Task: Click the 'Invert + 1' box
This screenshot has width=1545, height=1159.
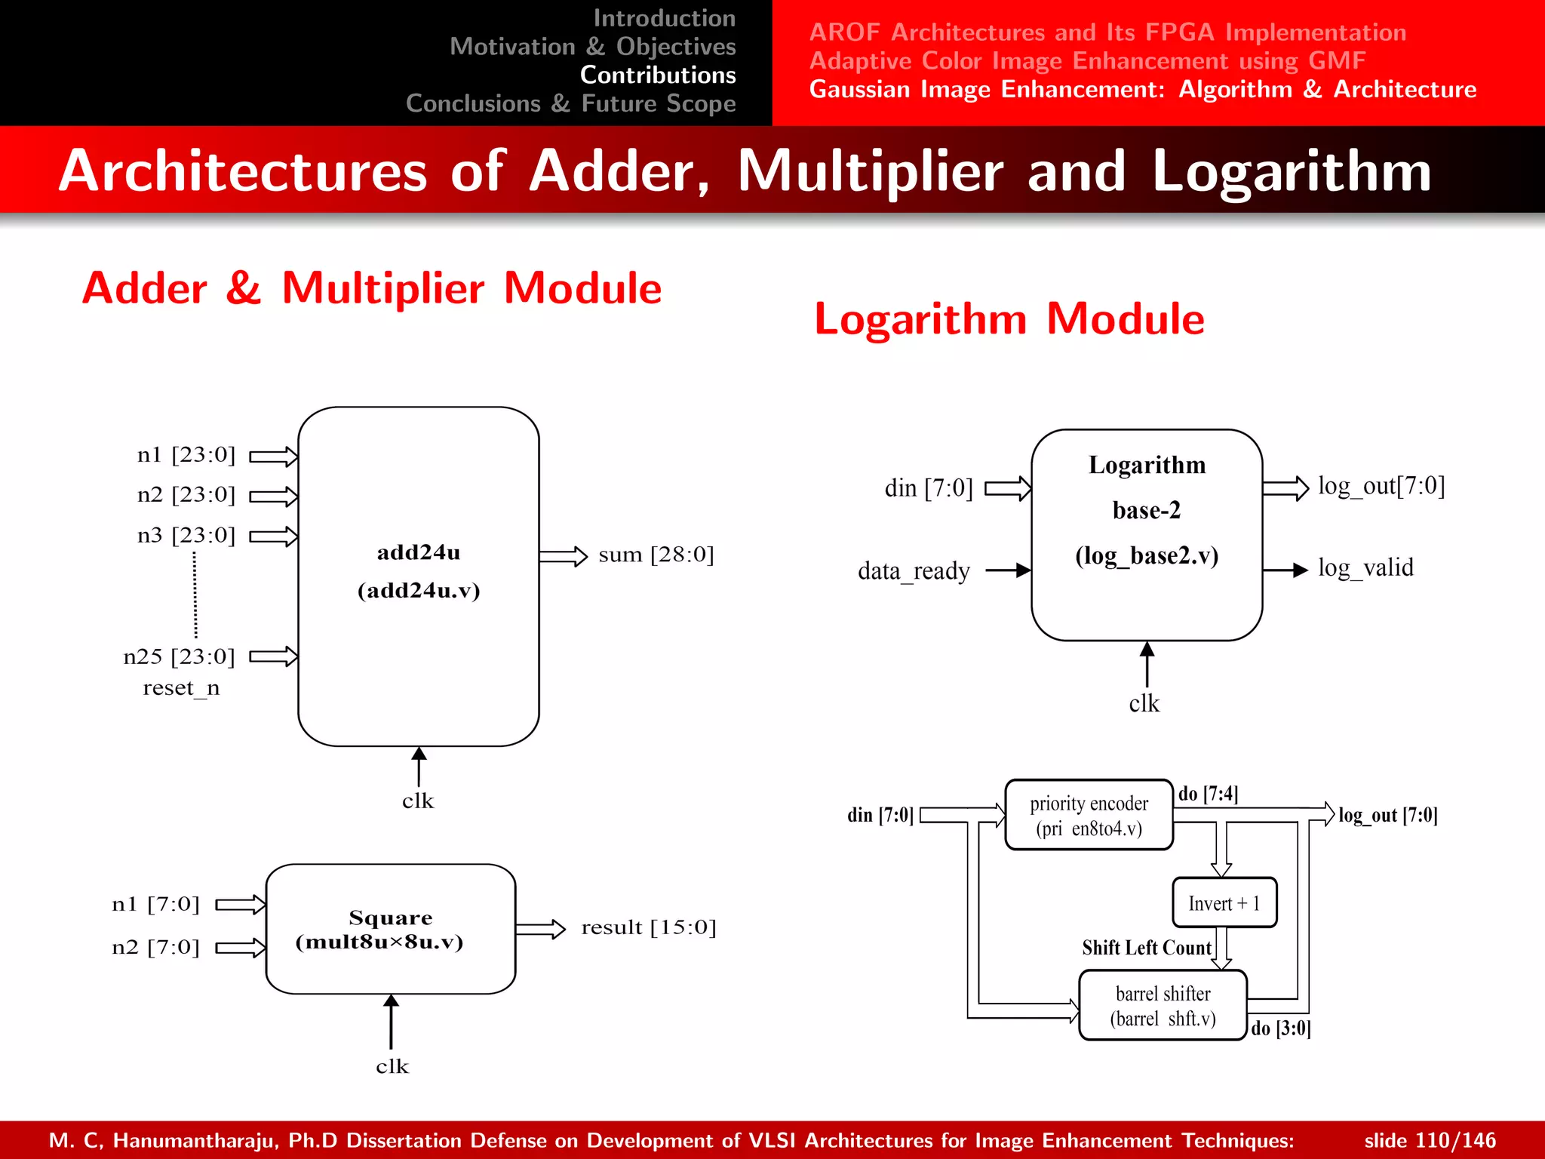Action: [x=1224, y=902]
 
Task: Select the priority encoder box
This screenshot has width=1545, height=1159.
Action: [x=1089, y=815]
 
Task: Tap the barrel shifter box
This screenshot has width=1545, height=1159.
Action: [x=1163, y=1006]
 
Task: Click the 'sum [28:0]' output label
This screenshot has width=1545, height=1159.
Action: [x=656, y=555]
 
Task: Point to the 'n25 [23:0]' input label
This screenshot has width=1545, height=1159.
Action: [x=179, y=656]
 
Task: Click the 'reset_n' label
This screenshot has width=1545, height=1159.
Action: [x=181, y=688]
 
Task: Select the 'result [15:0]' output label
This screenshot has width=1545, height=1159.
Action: [x=648, y=927]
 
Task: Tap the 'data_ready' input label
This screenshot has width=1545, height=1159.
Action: [x=913, y=570]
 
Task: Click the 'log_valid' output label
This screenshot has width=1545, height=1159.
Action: [x=1365, y=567]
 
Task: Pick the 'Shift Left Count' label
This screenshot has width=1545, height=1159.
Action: [x=1146, y=948]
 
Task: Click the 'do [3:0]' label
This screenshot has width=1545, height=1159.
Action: [x=1280, y=1028]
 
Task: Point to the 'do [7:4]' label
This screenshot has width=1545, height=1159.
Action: [x=1208, y=794]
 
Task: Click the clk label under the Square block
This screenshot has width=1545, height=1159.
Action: [x=392, y=1066]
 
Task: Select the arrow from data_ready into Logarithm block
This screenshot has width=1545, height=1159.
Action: [x=1008, y=570]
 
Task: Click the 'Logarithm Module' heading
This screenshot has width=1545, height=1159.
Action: [x=1009, y=318]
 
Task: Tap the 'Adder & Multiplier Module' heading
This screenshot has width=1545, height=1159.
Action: [x=372, y=288]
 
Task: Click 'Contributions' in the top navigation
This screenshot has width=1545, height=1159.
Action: [x=657, y=75]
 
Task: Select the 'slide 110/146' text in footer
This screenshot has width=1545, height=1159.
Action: [x=1430, y=1140]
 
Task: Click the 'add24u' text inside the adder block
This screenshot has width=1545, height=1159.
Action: [x=418, y=553]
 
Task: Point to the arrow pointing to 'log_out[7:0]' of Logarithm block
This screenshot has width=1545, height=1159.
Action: [x=1285, y=488]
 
